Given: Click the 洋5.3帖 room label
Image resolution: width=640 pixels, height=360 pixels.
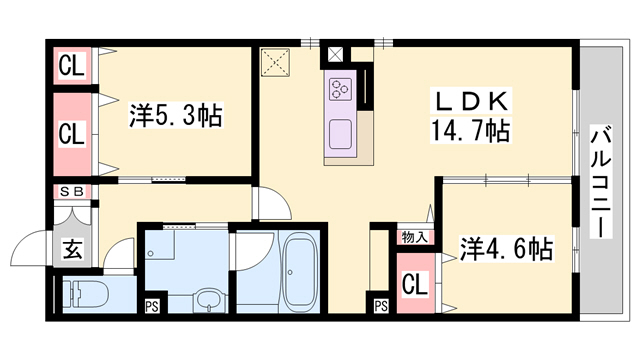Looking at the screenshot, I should (x=175, y=115).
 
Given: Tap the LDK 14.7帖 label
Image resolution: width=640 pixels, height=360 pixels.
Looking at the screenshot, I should (x=473, y=115).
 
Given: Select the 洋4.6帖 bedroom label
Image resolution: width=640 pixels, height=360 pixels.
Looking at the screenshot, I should (x=505, y=246).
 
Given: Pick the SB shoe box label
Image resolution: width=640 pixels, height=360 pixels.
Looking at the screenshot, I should (x=73, y=192).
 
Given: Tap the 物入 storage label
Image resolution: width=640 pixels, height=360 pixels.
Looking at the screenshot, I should (x=414, y=237).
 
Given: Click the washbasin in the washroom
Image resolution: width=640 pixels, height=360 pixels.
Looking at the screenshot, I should (x=208, y=299).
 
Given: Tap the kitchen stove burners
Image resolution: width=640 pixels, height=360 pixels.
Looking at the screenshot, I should (x=340, y=90).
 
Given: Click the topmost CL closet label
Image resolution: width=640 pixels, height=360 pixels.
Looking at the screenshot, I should (x=70, y=69).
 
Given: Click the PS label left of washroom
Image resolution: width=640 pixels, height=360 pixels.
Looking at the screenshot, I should (x=153, y=307).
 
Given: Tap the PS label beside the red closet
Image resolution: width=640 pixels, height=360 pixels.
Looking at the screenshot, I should (x=381, y=307).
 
